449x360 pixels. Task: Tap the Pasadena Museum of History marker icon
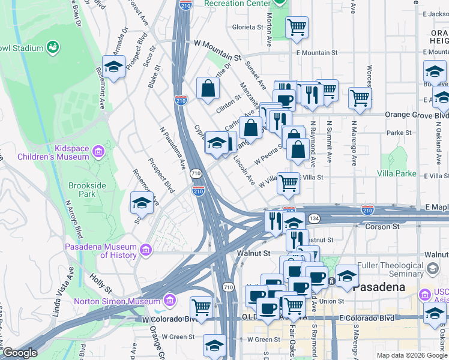(145, 249)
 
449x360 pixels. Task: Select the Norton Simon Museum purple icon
(169, 299)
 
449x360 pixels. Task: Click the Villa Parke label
(397, 173)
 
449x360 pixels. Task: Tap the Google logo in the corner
(20, 353)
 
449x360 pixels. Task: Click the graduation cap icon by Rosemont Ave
(113, 66)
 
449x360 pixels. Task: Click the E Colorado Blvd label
(367, 317)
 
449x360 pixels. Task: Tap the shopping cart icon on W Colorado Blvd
(202, 307)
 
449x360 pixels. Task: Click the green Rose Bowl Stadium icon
(53, 47)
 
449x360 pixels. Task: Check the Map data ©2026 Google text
(411, 355)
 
